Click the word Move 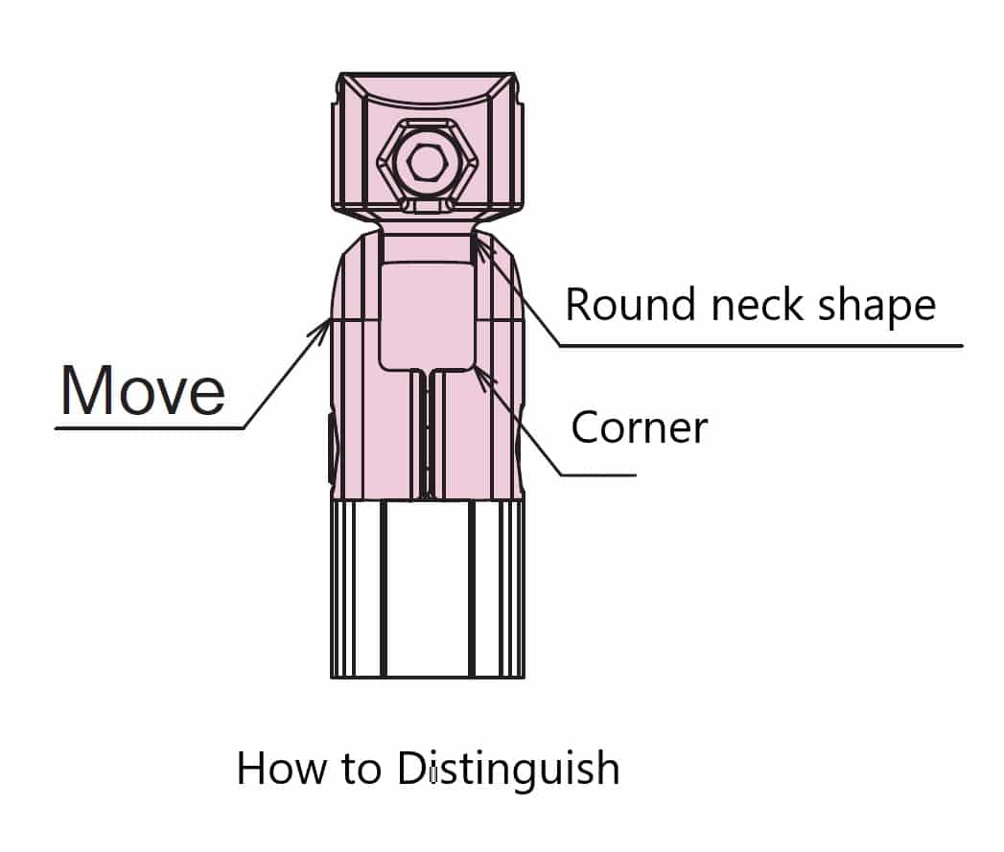[x=143, y=390]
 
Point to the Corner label [x=639, y=427]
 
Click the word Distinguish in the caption [x=508, y=769]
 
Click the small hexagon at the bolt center [x=425, y=162]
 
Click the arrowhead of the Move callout [x=321, y=329]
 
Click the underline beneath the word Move [x=150, y=427]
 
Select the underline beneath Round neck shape [x=761, y=346]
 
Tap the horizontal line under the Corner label [x=598, y=475]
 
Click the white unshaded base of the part [x=427, y=588]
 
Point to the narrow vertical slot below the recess [x=427, y=434]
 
